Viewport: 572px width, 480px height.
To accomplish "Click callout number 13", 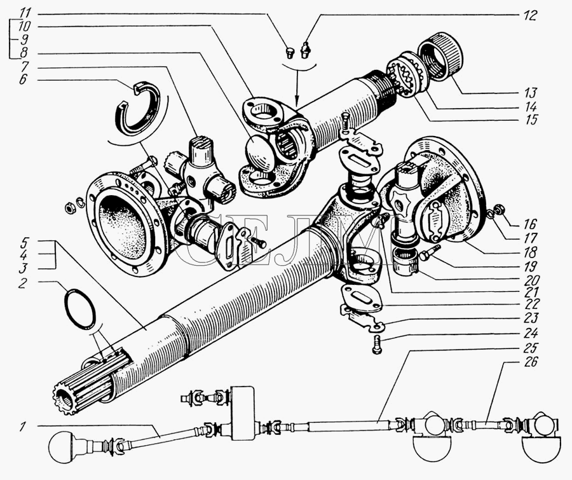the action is coord(531,93).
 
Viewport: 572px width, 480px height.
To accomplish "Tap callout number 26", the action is coord(531,362).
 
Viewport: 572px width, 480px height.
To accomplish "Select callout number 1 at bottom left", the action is coord(23,427).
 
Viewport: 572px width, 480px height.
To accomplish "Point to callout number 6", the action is coord(23,79).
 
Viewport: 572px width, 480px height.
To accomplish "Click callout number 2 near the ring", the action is coord(23,283).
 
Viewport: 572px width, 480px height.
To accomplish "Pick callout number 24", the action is coord(531,333).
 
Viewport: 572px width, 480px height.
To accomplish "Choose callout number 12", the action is coord(531,15).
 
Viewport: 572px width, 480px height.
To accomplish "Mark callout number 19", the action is coord(531,266).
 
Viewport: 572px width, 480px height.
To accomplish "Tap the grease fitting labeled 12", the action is coord(304,50).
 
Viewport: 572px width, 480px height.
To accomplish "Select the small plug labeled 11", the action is coord(290,53).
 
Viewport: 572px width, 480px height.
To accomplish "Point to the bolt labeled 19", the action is coord(430,252).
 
